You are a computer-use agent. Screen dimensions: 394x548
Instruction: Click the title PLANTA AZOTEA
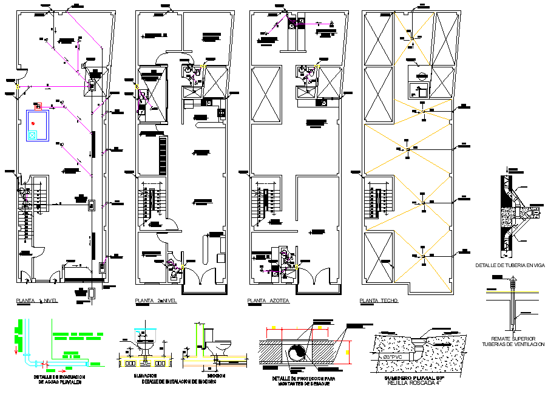click(x=268, y=301)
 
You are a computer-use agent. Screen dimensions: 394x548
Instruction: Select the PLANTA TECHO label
click(x=379, y=301)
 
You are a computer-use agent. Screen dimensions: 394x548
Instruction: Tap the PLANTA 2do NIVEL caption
click(x=156, y=301)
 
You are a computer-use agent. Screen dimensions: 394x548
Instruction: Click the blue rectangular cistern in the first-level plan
click(x=37, y=126)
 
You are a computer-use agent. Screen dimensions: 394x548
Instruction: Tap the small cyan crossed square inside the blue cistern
click(x=32, y=135)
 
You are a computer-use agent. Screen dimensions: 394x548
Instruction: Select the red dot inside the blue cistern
click(x=34, y=123)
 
